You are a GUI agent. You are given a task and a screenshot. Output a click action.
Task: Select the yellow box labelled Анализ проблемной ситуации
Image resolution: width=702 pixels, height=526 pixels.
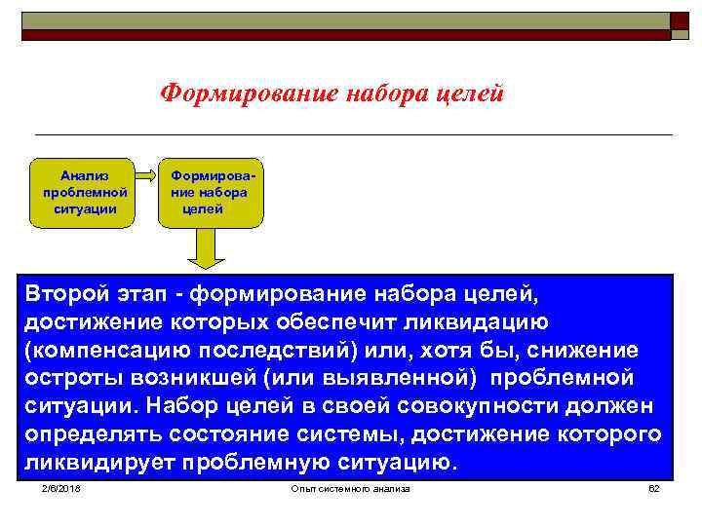pos(85,191)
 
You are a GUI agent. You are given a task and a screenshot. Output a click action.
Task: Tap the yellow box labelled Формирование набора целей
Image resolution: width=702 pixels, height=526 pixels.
pos(211,191)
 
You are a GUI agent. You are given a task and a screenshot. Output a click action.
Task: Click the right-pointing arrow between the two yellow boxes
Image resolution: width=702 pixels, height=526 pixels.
pos(146,177)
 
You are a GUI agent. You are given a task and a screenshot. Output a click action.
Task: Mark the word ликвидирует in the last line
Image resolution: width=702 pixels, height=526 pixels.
pos(94,463)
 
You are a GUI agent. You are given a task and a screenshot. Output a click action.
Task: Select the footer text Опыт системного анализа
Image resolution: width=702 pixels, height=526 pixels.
pos(351,487)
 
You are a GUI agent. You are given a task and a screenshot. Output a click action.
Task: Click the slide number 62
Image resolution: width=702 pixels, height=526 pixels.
pos(654,487)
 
